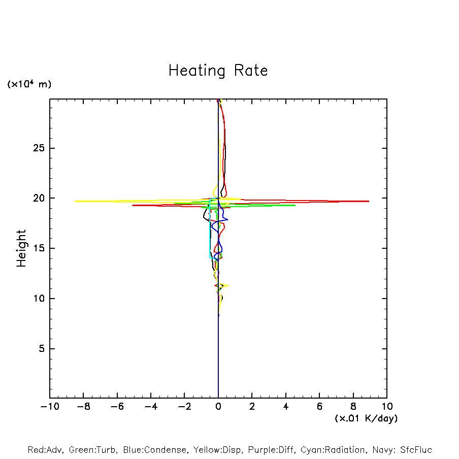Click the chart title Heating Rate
click(x=218, y=70)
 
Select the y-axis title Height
click(x=21, y=248)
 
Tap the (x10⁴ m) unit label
click(x=29, y=84)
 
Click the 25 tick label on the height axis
click(x=39, y=148)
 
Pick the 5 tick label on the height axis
click(x=42, y=349)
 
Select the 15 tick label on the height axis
click(x=39, y=248)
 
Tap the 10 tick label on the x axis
click(x=387, y=407)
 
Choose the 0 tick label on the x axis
click(x=218, y=407)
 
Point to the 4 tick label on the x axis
click(x=286, y=407)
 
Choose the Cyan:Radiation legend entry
click(x=333, y=450)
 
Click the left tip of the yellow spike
click(x=76, y=201)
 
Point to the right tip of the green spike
click(x=295, y=205)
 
